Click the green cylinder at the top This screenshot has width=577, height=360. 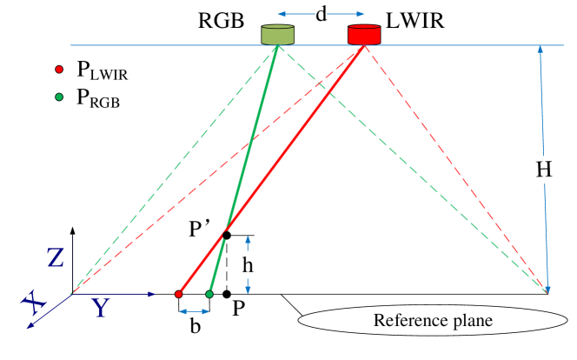pyautogui.click(x=277, y=35)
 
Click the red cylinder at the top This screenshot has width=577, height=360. pyautogui.click(x=364, y=35)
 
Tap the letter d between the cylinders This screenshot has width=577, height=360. pyautogui.click(x=321, y=15)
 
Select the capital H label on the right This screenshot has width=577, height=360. pyautogui.click(x=544, y=170)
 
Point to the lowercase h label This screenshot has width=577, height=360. pyautogui.click(x=248, y=265)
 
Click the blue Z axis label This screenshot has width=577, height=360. pyautogui.click(x=56, y=258)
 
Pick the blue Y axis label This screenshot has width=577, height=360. pyautogui.click(x=101, y=307)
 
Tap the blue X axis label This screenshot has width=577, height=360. pyautogui.click(x=34, y=303)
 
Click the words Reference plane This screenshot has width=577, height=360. pyautogui.click(x=433, y=321)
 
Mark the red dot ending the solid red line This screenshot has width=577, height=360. pyautogui.click(x=178, y=295)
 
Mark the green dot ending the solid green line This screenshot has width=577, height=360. pyautogui.click(x=209, y=295)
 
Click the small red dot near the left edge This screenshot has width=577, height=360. pyautogui.click(x=59, y=70)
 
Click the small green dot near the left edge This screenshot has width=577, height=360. pyautogui.click(x=59, y=97)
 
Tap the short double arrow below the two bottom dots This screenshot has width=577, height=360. pyautogui.click(x=194, y=311)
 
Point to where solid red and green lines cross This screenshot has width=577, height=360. pyautogui.click(x=225, y=234)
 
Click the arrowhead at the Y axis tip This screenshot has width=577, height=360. pyautogui.click(x=152, y=294)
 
